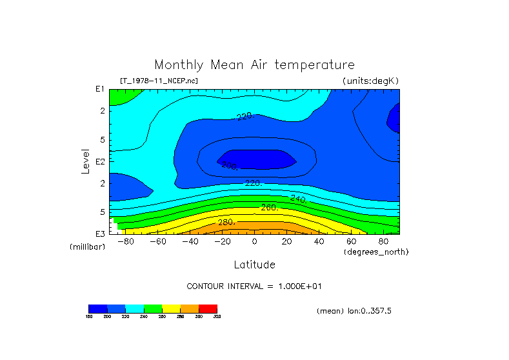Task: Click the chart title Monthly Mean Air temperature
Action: (x=254, y=65)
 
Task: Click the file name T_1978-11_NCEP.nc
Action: (x=159, y=81)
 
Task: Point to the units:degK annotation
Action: (x=371, y=81)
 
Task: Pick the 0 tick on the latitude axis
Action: (x=255, y=242)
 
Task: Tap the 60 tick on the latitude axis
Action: (x=352, y=242)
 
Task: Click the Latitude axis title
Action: (x=254, y=265)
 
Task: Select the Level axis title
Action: (x=85, y=161)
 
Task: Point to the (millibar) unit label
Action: (x=87, y=247)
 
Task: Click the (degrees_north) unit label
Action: (x=376, y=251)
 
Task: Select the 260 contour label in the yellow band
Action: (x=269, y=208)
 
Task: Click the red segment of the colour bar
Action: (x=208, y=308)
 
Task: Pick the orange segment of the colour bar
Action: (x=190, y=308)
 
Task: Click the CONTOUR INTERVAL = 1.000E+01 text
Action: (x=254, y=286)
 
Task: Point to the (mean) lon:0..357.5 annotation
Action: (x=354, y=311)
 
